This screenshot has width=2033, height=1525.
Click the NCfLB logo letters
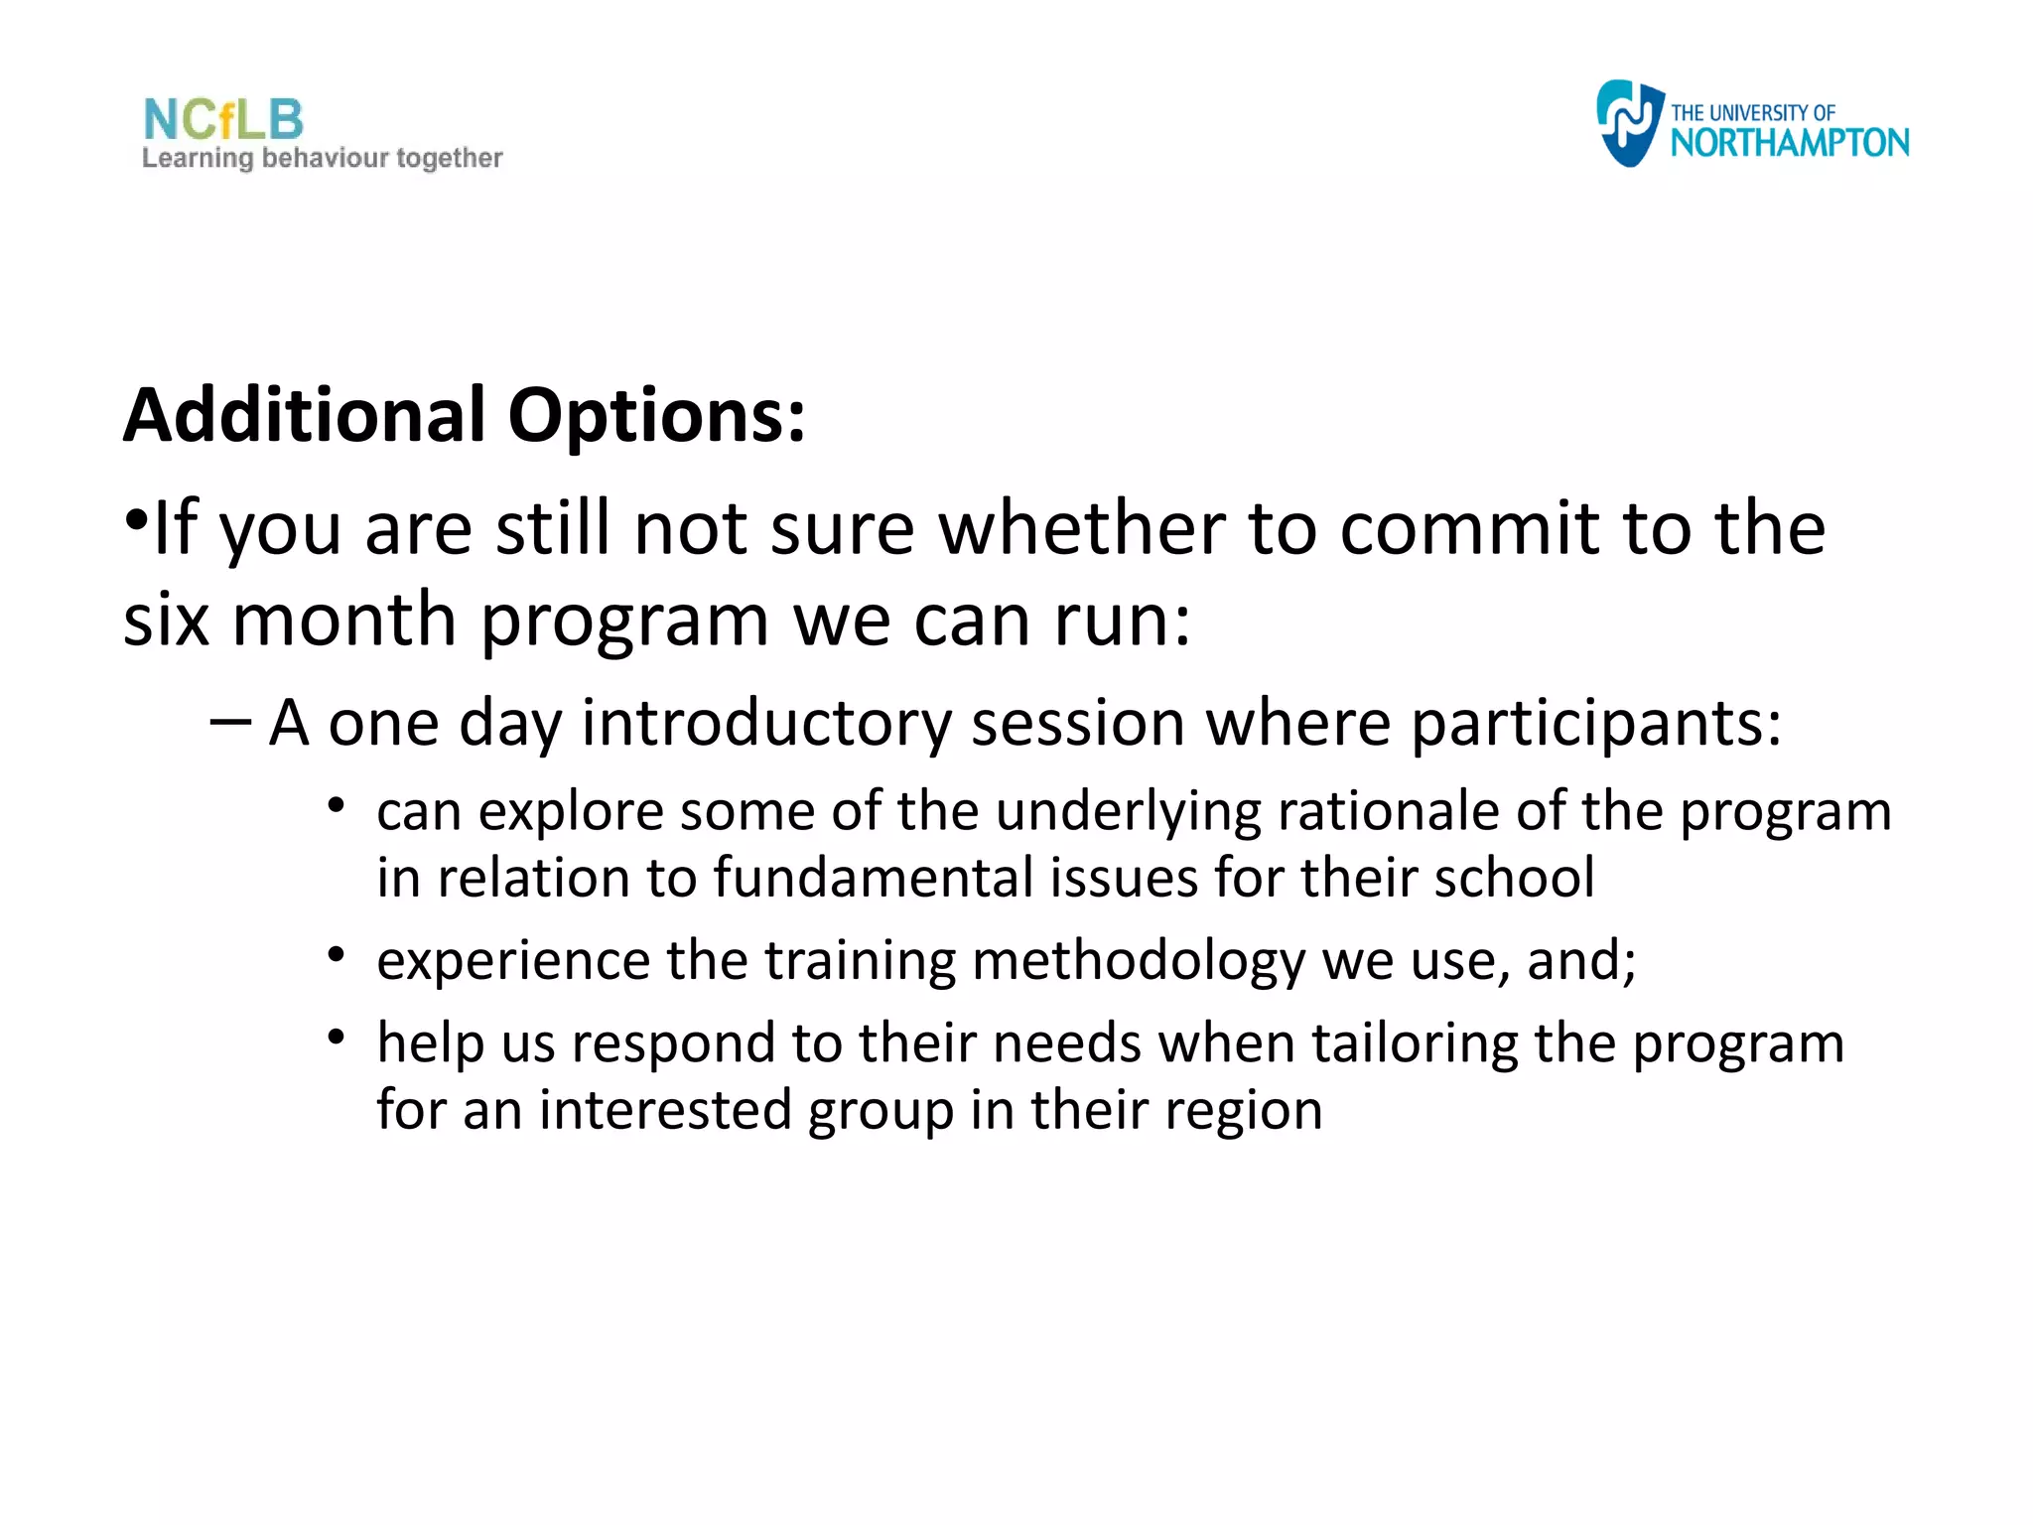tap(223, 120)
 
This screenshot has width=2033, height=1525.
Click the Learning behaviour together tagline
tap(323, 159)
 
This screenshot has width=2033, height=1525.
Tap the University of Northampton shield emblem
tap(1628, 122)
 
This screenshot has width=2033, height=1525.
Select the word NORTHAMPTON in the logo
tap(1789, 144)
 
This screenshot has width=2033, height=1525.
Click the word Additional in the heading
tap(304, 415)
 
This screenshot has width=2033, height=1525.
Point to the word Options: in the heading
tap(656, 415)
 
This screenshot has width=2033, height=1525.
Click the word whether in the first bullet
tap(1081, 528)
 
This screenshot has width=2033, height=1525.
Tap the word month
tap(343, 621)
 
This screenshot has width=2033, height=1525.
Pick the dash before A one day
tap(229, 722)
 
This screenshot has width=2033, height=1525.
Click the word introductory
tap(766, 724)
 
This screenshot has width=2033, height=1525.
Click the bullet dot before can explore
tap(337, 805)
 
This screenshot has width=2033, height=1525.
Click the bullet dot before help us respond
tap(337, 1038)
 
